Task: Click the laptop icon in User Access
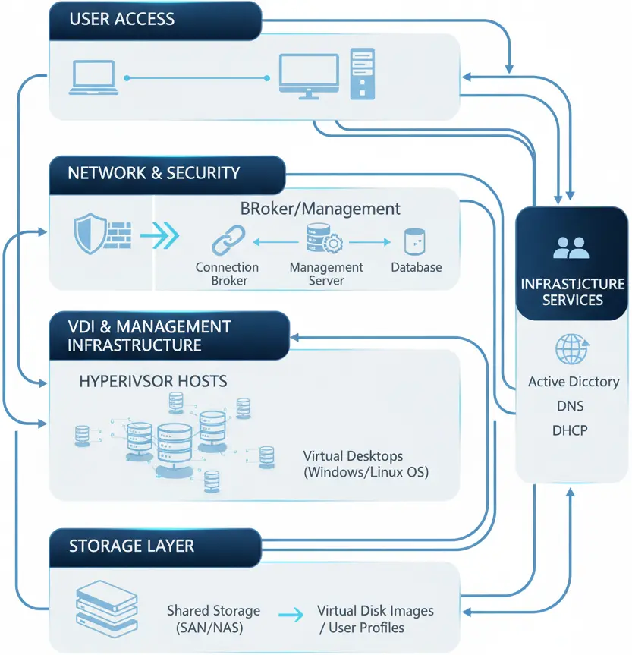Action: (93, 78)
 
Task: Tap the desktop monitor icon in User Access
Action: (308, 76)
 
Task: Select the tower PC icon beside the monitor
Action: (362, 73)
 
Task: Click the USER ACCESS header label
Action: (121, 20)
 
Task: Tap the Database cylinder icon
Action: (414, 241)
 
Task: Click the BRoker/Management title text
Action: (319, 208)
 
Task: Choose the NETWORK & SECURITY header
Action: (154, 173)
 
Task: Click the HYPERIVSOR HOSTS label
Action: (152, 380)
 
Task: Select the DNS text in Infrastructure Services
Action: (571, 406)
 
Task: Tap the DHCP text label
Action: (571, 430)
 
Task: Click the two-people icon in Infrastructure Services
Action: (572, 247)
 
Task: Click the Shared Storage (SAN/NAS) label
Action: (213, 619)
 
